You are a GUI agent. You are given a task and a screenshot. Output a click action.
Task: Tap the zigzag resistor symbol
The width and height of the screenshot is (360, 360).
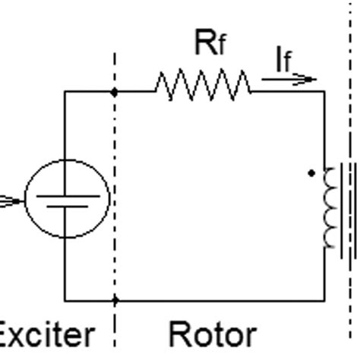[203, 85]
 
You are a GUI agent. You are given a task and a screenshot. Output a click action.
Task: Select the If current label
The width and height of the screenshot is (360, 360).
[283, 61]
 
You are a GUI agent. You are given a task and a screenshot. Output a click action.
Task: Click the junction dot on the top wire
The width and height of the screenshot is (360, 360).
[115, 91]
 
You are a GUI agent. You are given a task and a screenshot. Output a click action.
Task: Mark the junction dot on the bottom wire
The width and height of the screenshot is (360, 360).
[115, 301]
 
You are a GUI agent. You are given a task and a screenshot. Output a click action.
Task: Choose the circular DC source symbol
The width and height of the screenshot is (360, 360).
[68, 198]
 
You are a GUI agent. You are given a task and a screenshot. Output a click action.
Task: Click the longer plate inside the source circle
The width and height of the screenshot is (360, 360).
[68, 195]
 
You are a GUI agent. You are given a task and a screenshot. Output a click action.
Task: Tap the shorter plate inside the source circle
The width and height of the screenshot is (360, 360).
[68, 207]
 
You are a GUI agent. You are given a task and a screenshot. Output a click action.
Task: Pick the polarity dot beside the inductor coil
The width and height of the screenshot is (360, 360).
[311, 173]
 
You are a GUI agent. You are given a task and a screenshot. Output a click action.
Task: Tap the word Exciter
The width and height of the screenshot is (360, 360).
[46, 335]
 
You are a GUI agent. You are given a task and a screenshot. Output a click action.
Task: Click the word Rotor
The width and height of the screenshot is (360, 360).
[211, 335]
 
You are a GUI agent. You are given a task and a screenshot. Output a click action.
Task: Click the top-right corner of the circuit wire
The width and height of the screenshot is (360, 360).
[325, 91]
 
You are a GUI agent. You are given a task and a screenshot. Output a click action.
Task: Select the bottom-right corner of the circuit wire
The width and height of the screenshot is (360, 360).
[325, 301]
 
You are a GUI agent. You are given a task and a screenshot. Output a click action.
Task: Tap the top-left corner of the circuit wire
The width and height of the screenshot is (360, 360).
[65, 91]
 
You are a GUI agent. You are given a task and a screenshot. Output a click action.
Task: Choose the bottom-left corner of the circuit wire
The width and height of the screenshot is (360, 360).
[65, 301]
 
